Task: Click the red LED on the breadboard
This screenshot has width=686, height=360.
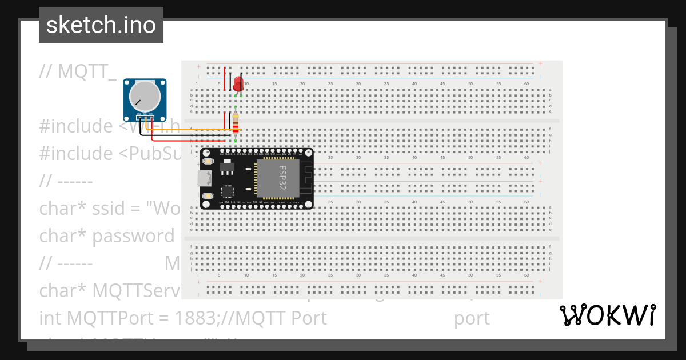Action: (238, 83)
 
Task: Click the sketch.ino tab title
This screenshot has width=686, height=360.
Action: (101, 25)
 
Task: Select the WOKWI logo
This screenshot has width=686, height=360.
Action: (607, 315)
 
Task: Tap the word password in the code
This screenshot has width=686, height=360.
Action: (133, 235)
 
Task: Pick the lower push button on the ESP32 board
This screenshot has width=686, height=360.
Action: (208, 195)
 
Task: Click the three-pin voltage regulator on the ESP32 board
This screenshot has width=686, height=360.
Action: (227, 166)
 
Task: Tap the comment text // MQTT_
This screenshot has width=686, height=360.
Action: (78, 71)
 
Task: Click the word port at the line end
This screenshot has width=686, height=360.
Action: (472, 318)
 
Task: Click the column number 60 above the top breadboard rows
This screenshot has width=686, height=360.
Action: (526, 84)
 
